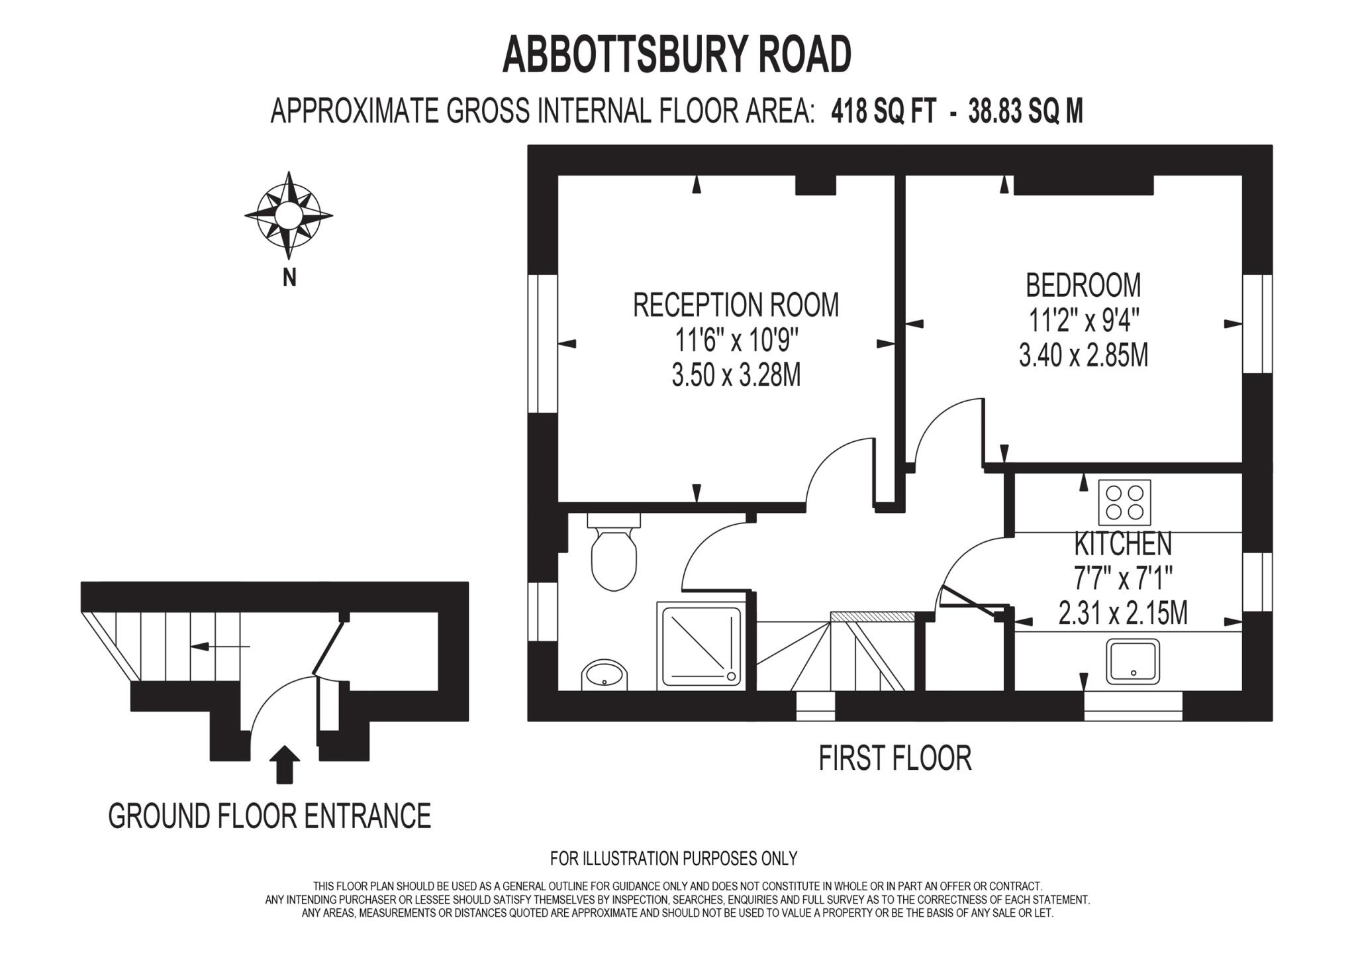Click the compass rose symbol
coord(288,215)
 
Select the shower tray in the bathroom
coord(699,645)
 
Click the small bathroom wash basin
coord(604,675)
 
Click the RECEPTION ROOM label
coord(736,305)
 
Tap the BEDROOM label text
coord(1083,286)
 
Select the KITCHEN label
coord(1123,544)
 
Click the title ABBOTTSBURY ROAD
coord(677,55)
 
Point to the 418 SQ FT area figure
coord(883,111)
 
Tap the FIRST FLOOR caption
coord(895,759)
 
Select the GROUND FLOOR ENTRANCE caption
coord(269,816)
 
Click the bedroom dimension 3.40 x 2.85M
coord(1083,356)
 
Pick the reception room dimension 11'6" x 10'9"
coord(736,341)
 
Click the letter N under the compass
coord(289,278)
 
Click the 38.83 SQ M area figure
coord(1026,111)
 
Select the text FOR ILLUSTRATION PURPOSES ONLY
coord(673,859)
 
